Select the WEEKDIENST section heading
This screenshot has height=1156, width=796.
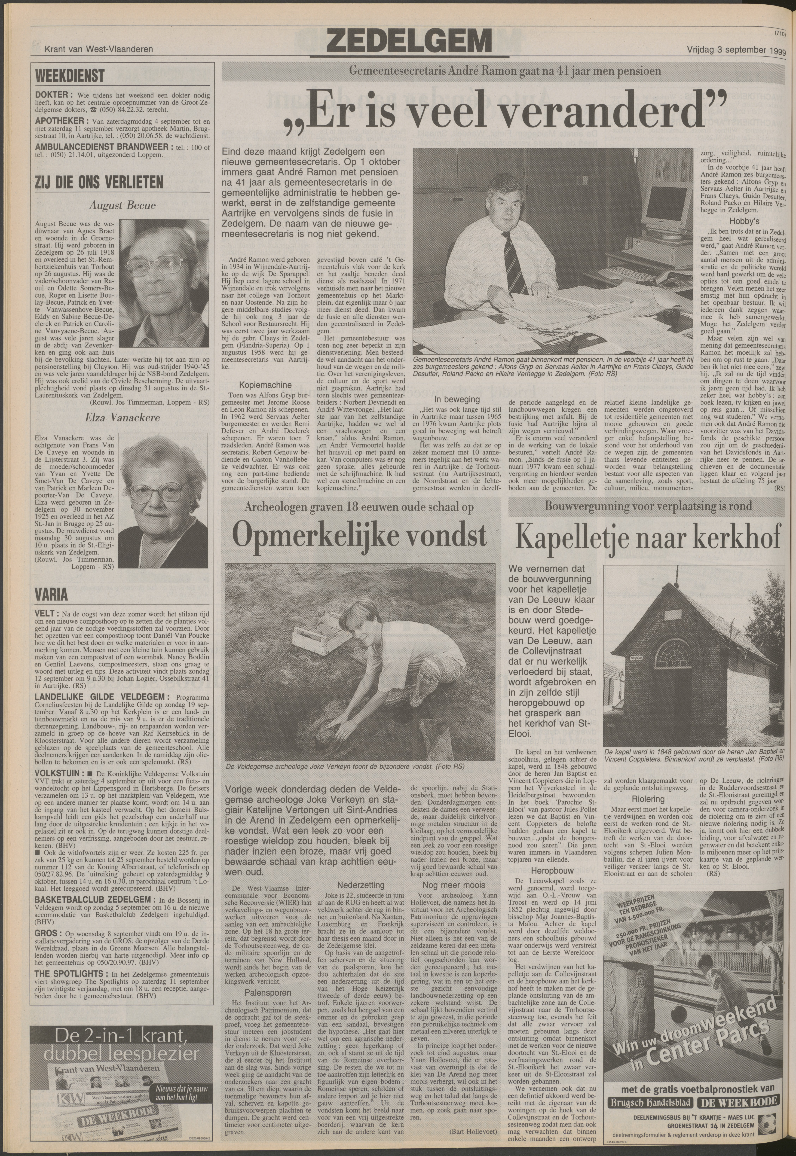pos(70,76)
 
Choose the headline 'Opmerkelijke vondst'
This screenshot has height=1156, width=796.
pos(359,536)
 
